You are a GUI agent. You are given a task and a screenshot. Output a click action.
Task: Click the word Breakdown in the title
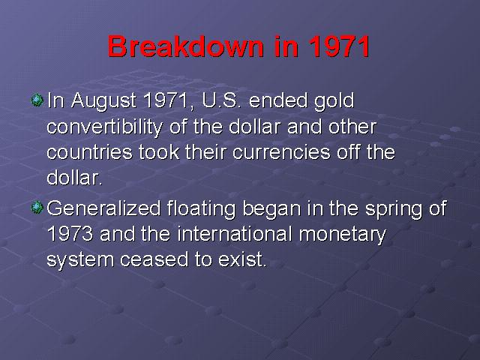(x=186, y=46)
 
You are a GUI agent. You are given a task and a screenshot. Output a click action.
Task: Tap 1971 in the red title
(x=339, y=46)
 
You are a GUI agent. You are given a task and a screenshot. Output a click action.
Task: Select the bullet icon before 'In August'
(x=37, y=100)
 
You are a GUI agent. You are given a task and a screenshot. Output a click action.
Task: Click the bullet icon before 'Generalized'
(x=37, y=208)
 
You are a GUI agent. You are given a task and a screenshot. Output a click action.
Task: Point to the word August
(x=103, y=101)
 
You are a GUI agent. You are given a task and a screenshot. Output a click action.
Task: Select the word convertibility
(x=105, y=127)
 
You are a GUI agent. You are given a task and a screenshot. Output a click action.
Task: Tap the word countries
(x=89, y=152)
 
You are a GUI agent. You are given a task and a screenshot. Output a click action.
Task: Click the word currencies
(x=282, y=152)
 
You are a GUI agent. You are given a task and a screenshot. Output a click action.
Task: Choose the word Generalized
(x=103, y=208)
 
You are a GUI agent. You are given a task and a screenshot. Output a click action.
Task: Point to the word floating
(x=202, y=209)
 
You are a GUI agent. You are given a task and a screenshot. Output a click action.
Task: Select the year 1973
(x=70, y=234)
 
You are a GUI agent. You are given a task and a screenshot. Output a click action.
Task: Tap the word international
(x=235, y=234)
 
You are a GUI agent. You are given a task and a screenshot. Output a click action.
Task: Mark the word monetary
(x=343, y=235)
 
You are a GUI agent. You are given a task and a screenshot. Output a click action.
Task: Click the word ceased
(x=154, y=259)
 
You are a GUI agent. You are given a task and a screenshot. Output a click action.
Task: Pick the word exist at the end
(x=241, y=259)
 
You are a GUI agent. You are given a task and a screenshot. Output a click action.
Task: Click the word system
(x=80, y=261)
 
